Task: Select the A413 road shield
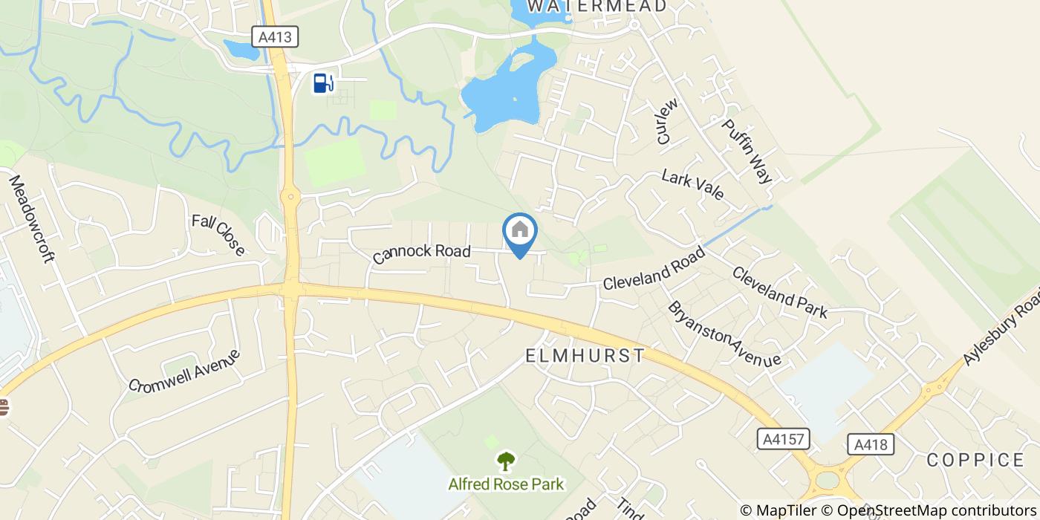coord(274,36)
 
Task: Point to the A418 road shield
coord(870,444)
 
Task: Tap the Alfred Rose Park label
coord(506,484)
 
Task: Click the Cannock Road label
coord(422,253)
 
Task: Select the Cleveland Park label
coord(779,292)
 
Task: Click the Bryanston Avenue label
coord(724,334)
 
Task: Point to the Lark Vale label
coord(692,184)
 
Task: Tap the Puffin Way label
coord(747,152)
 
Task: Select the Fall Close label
coord(218,235)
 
